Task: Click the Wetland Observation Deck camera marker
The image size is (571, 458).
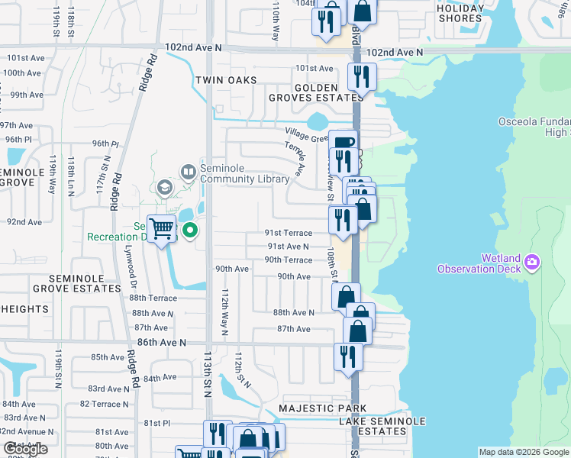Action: [533, 263]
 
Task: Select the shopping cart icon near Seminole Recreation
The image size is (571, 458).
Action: [161, 228]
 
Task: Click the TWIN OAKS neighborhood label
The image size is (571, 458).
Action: [224, 80]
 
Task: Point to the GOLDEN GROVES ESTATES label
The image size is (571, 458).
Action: [317, 92]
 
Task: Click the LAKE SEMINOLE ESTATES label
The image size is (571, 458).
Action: [372, 426]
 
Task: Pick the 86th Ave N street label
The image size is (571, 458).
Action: [161, 343]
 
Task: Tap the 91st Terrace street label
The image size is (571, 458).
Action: [289, 233]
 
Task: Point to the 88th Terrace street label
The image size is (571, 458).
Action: [153, 298]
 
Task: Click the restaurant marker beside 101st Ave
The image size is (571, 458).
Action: [360, 76]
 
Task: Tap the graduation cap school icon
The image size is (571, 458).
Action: [164, 187]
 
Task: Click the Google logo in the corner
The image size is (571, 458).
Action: [26, 450]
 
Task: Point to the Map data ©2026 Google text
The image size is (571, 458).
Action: [524, 452]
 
